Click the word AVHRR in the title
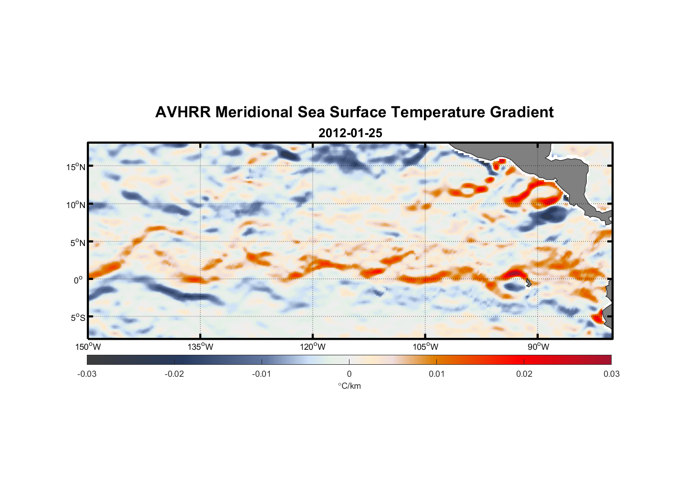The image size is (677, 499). [x=182, y=112]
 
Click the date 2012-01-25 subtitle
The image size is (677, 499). [x=350, y=133]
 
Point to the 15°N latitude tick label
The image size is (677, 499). [x=76, y=167]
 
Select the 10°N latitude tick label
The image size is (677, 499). [x=76, y=205]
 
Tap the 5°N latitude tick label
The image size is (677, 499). [x=78, y=243]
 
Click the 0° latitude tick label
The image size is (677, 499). [x=78, y=280]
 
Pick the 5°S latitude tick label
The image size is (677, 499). [x=78, y=318]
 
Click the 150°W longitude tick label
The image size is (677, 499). [x=88, y=347]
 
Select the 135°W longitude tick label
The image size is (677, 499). [x=201, y=347]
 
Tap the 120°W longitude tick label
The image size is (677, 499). [x=313, y=347]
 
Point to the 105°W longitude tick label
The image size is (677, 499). [x=425, y=347]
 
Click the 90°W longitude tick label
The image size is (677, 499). [x=538, y=347]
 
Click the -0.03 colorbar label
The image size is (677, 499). [x=87, y=374]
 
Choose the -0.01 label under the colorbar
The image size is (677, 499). [x=262, y=374]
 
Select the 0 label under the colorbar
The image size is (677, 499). [x=349, y=374]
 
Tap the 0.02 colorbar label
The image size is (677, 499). [x=524, y=374]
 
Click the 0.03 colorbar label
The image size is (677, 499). [x=611, y=374]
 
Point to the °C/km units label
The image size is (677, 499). [x=349, y=386]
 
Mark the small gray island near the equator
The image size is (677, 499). [x=528, y=282]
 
